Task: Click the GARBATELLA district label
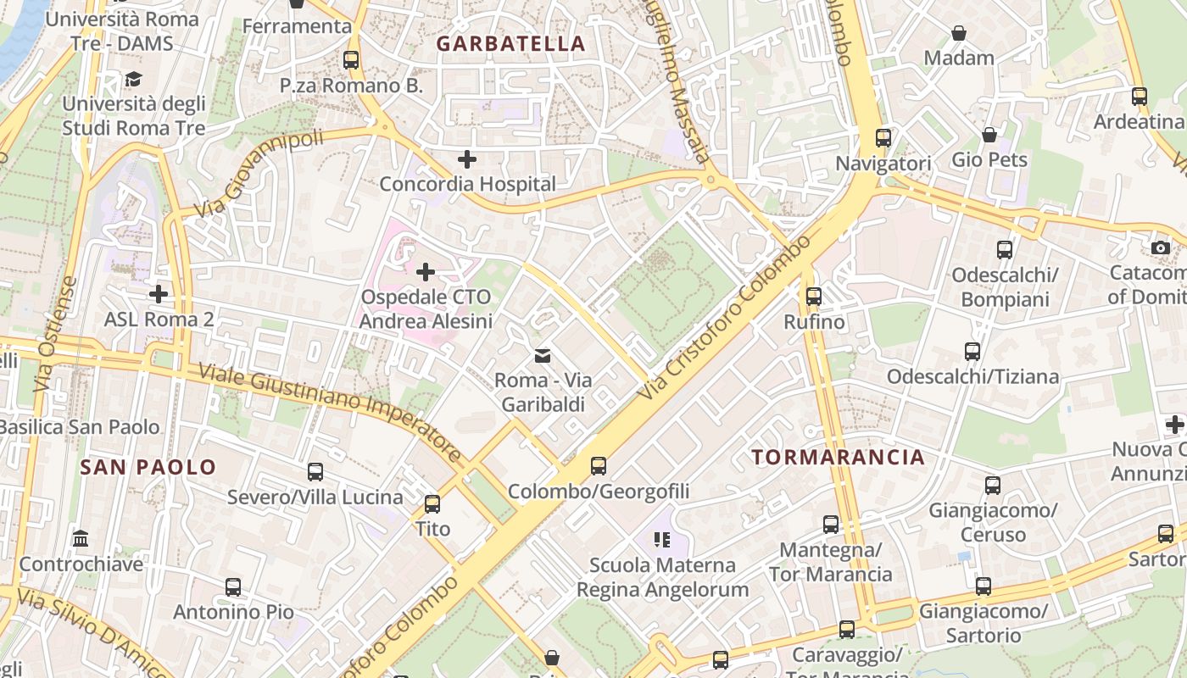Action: (510, 44)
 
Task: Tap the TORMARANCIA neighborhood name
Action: (838, 458)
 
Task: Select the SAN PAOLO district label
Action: (148, 467)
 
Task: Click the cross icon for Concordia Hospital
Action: (466, 158)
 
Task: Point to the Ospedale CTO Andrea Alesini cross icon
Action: (426, 272)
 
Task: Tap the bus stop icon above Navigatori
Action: (883, 137)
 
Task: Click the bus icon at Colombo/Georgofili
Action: (599, 465)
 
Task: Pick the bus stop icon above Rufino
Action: (814, 297)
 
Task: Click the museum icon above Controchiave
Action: (81, 539)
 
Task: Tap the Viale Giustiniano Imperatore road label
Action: (331, 413)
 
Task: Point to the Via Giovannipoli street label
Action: (259, 174)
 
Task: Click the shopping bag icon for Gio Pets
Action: (989, 135)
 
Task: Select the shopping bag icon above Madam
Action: (959, 33)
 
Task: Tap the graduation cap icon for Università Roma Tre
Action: (133, 80)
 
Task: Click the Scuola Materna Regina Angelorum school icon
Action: (662, 540)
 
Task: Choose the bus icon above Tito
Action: (432, 504)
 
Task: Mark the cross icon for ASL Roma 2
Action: (159, 294)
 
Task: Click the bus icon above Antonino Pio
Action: (233, 586)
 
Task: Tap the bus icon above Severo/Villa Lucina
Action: (315, 472)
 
